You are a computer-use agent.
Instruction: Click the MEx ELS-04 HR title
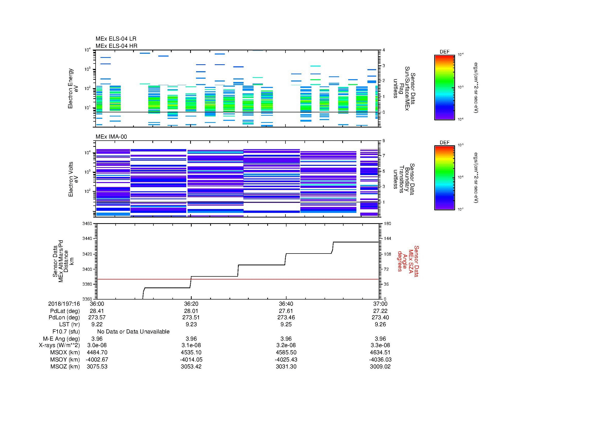coord(116,46)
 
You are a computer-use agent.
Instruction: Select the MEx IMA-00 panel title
coord(111,137)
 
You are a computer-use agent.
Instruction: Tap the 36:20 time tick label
coord(191,304)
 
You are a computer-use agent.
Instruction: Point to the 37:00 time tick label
coord(380,304)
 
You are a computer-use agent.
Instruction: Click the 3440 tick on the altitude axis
coord(87,239)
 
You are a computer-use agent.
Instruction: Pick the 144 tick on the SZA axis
coord(387,239)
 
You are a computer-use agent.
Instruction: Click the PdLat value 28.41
coord(97,311)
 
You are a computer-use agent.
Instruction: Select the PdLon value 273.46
coord(286,318)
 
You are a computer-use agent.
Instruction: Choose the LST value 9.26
coord(380,324)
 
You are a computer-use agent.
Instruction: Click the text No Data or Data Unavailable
coord(133,332)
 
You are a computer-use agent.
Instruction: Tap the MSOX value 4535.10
coord(191,352)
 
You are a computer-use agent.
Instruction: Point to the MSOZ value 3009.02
coord(380,367)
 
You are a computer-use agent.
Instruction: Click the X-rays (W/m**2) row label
coord(59,345)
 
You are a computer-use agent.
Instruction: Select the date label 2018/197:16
coord(64,304)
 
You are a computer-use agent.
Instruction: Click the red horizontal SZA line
coord(262,279)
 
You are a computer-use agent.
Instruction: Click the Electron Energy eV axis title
coord(73,88)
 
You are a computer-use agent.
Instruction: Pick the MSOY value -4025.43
coord(286,359)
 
